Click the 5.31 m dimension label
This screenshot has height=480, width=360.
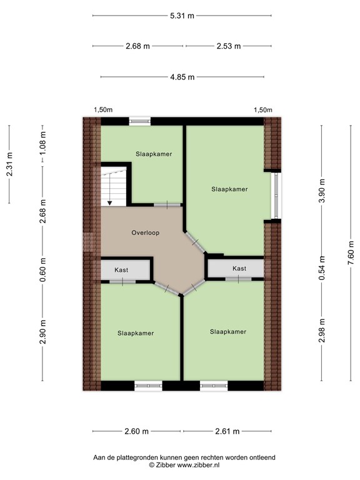click(x=182, y=16)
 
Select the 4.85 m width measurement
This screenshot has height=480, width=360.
click(x=182, y=77)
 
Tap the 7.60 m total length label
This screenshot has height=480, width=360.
click(x=351, y=252)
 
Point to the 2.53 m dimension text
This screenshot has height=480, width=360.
click(x=229, y=46)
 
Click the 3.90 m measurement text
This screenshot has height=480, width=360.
click(x=322, y=191)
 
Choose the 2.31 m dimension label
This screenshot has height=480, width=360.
click(x=9, y=164)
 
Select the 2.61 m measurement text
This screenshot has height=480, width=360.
click(x=227, y=431)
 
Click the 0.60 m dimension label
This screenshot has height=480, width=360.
click(x=42, y=270)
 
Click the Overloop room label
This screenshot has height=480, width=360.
click(x=146, y=232)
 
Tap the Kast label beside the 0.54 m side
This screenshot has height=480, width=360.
click(x=239, y=269)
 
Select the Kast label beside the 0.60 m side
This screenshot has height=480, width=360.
click(x=121, y=270)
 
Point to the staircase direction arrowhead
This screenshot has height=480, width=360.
click(x=109, y=202)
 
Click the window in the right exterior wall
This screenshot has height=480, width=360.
click(x=276, y=195)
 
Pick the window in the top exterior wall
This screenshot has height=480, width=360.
click(x=139, y=121)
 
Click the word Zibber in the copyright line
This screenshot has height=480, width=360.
click(x=165, y=465)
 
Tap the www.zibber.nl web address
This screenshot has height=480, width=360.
click(x=198, y=465)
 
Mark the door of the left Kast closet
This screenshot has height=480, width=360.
click(x=122, y=282)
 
